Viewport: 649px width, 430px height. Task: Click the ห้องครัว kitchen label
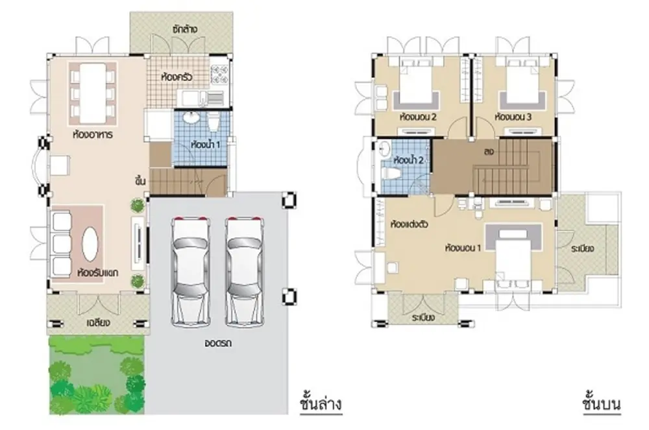point(177,77)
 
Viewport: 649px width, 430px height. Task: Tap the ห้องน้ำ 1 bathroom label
point(206,145)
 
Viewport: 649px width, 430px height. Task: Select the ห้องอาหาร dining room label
point(92,135)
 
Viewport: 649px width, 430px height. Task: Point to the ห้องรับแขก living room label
point(98,273)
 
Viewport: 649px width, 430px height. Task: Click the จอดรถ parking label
point(218,342)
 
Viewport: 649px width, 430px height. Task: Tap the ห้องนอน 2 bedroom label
point(418,117)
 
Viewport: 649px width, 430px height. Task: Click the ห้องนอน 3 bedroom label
point(513,117)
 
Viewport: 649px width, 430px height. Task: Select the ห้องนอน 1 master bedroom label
point(463,248)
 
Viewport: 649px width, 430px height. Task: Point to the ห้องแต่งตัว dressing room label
point(410,224)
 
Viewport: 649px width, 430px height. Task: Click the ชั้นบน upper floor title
point(602,403)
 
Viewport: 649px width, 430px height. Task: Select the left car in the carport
point(190,271)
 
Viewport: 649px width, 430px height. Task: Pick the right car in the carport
point(245,271)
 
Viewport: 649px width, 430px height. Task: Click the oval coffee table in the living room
point(90,244)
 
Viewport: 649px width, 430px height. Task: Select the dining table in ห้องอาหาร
point(92,93)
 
